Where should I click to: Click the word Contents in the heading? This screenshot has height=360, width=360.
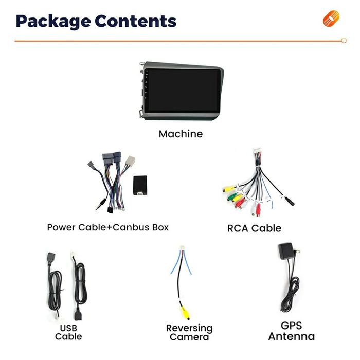pos(135,21)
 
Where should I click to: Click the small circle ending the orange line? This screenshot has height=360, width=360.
pos(344,41)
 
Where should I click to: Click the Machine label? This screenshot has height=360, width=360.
pos(181,134)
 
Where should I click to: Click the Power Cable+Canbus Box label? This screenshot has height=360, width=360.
pos(107,227)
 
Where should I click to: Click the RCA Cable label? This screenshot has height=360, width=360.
pos(254,228)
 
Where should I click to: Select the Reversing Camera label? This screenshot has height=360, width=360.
pos(189,332)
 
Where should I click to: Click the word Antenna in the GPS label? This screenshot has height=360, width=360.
pos(291,337)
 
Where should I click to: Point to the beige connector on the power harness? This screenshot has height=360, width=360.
pos(131,161)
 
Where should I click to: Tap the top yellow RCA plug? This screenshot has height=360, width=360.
pos(228,188)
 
